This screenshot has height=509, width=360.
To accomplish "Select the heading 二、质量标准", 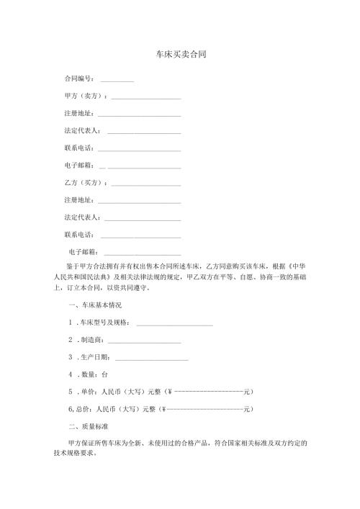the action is point(85,427).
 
